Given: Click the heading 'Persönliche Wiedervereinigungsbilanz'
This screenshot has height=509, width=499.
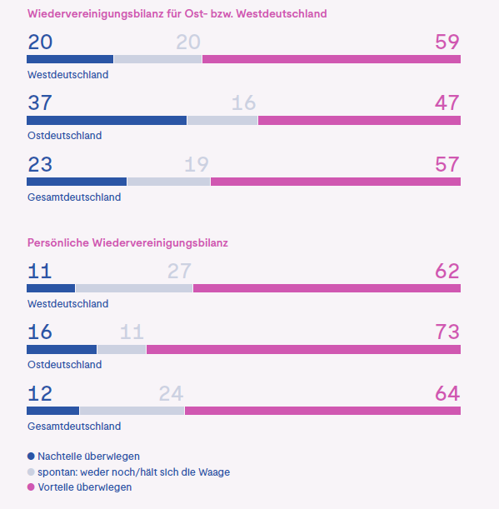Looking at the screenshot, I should tap(127, 242).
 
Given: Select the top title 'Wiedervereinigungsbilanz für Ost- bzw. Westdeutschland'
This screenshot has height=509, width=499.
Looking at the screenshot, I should tap(177, 14).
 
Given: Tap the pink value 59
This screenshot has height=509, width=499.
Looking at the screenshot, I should tap(447, 42).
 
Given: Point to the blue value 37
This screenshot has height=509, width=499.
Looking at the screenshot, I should tap(39, 103).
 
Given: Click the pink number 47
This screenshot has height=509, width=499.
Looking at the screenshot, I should tap(447, 103).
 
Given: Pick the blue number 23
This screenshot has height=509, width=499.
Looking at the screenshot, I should tap(39, 165).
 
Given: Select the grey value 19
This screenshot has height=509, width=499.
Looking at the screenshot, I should tap(197, 165).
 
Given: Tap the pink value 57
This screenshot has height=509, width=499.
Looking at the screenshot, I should tap(447, 165).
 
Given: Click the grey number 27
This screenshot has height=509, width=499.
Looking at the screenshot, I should tap(179, 271).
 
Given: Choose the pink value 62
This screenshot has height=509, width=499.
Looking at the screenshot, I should tap(447, 271).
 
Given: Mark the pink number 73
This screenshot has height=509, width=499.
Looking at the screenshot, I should tap(447, 332).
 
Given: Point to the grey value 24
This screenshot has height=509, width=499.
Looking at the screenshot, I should tap(171, 393).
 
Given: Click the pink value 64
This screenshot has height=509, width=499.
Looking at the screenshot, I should tap(447, 393).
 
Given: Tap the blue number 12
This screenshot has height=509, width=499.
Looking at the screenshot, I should tap(39, 393).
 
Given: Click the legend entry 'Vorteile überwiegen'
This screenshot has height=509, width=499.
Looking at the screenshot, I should tap(84, 487).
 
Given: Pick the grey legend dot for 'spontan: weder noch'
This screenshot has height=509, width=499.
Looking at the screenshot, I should tap(32, 472).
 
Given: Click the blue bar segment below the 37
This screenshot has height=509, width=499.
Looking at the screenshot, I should tap(107, 121).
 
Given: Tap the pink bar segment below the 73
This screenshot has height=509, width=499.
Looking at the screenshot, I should tap(303, 349).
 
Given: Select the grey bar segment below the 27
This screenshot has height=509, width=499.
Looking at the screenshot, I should tap(134, 288).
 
